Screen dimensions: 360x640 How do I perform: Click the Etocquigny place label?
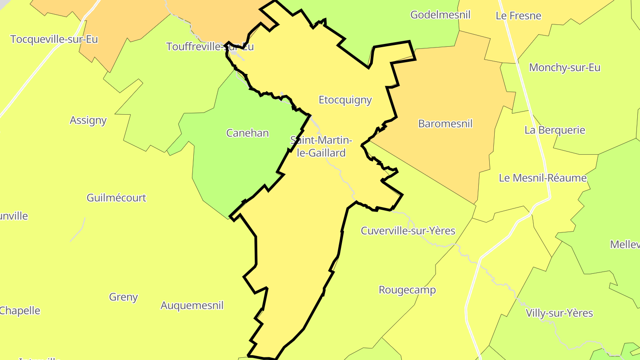345,100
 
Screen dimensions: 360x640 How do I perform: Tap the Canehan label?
247,133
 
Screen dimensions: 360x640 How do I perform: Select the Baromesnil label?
445,124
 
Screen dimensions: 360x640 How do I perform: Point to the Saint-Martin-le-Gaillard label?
321,147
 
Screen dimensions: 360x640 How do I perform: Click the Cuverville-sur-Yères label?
408,231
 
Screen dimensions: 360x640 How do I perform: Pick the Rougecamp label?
407,290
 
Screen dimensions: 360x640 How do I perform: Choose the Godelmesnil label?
440,15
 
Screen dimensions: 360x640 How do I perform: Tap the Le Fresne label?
518,16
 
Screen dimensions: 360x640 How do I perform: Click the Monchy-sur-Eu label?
564,68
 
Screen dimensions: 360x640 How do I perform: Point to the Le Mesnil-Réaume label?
542,178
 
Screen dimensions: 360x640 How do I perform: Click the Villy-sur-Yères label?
559,313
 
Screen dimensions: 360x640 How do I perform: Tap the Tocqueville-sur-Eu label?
54,39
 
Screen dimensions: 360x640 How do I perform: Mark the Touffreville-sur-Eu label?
210,47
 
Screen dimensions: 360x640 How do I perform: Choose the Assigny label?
88,120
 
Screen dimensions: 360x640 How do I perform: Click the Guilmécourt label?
116,198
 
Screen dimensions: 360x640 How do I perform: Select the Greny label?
123,297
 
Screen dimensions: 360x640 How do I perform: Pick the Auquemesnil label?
192,306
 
